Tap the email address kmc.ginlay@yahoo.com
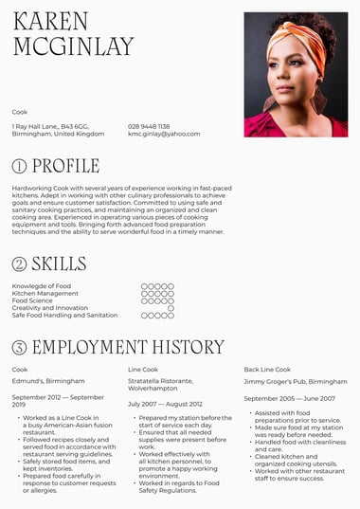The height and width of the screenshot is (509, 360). tap(164, 134)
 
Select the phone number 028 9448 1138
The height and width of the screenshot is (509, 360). tap(149, 126)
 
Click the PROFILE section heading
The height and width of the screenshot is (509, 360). tap(65, 166)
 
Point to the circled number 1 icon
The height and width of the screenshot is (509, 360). tap(19, 167)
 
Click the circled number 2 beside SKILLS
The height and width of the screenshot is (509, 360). tap(19, 264)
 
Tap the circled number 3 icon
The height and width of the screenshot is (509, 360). tap(19, 347)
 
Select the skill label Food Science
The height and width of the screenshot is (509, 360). tap(32, 300)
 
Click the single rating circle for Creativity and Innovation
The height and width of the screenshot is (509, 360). tap(171, 308)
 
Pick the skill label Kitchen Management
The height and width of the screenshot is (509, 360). tap(45, 294)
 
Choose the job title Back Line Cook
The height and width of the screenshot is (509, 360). tap(267, 369)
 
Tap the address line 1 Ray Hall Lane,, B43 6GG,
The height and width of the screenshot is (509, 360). tap(50, 126)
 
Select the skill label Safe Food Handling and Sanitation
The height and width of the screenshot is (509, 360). tap(64, 316)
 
